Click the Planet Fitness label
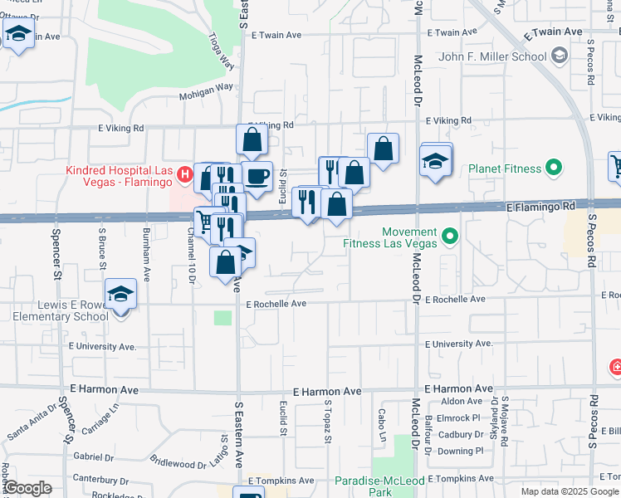click(x=504, y=168)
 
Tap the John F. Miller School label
click(x=492, y=56)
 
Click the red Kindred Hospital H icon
click(x=186, y=176)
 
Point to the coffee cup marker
click(x=257, y=175)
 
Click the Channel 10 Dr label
click(x=190, y=255)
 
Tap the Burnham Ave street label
click(x=146, y=255)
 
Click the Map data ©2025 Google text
click(x=570, y=491)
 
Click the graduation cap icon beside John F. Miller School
click(x=560, y=56)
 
